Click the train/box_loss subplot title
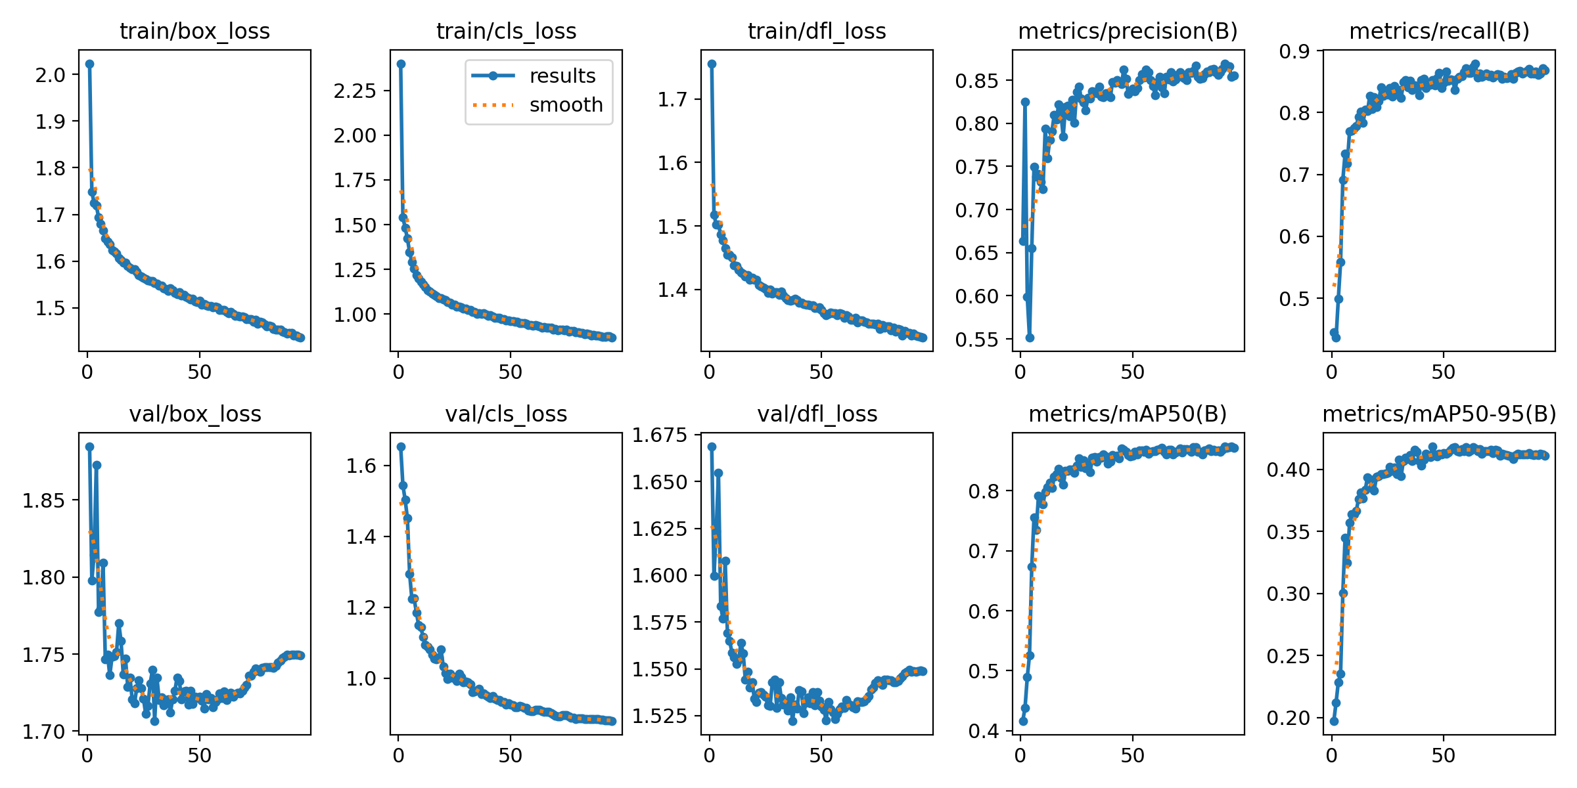194,32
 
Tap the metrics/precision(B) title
1128,32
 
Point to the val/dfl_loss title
817,414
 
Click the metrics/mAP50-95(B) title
1439,414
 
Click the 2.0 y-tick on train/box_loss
51,75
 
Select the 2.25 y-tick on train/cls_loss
355,91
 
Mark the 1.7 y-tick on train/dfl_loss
673,100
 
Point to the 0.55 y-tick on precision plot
976,339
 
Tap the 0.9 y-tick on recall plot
1294,51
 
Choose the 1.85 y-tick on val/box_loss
43,501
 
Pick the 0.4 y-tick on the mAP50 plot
984,731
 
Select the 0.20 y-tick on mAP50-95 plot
1287,718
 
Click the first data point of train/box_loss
89,64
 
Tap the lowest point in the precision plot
1030,338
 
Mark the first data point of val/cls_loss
401,447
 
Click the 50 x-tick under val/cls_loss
510,756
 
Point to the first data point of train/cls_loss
401,64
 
